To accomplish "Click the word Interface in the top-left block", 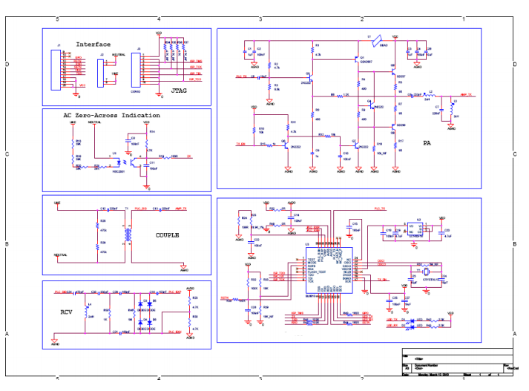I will pyautogui.click(x=93, y=45).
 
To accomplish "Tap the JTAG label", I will pyautogui.click(x=179, y=90).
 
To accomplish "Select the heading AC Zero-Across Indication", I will pyautogui.click(x=111, y=116).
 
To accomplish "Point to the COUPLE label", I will pyautogui.click(x=168, y=235).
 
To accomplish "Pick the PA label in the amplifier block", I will pyautogui.click(x=427, y=143).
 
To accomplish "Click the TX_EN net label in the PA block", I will pyautogui.click(x=240, y=143).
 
